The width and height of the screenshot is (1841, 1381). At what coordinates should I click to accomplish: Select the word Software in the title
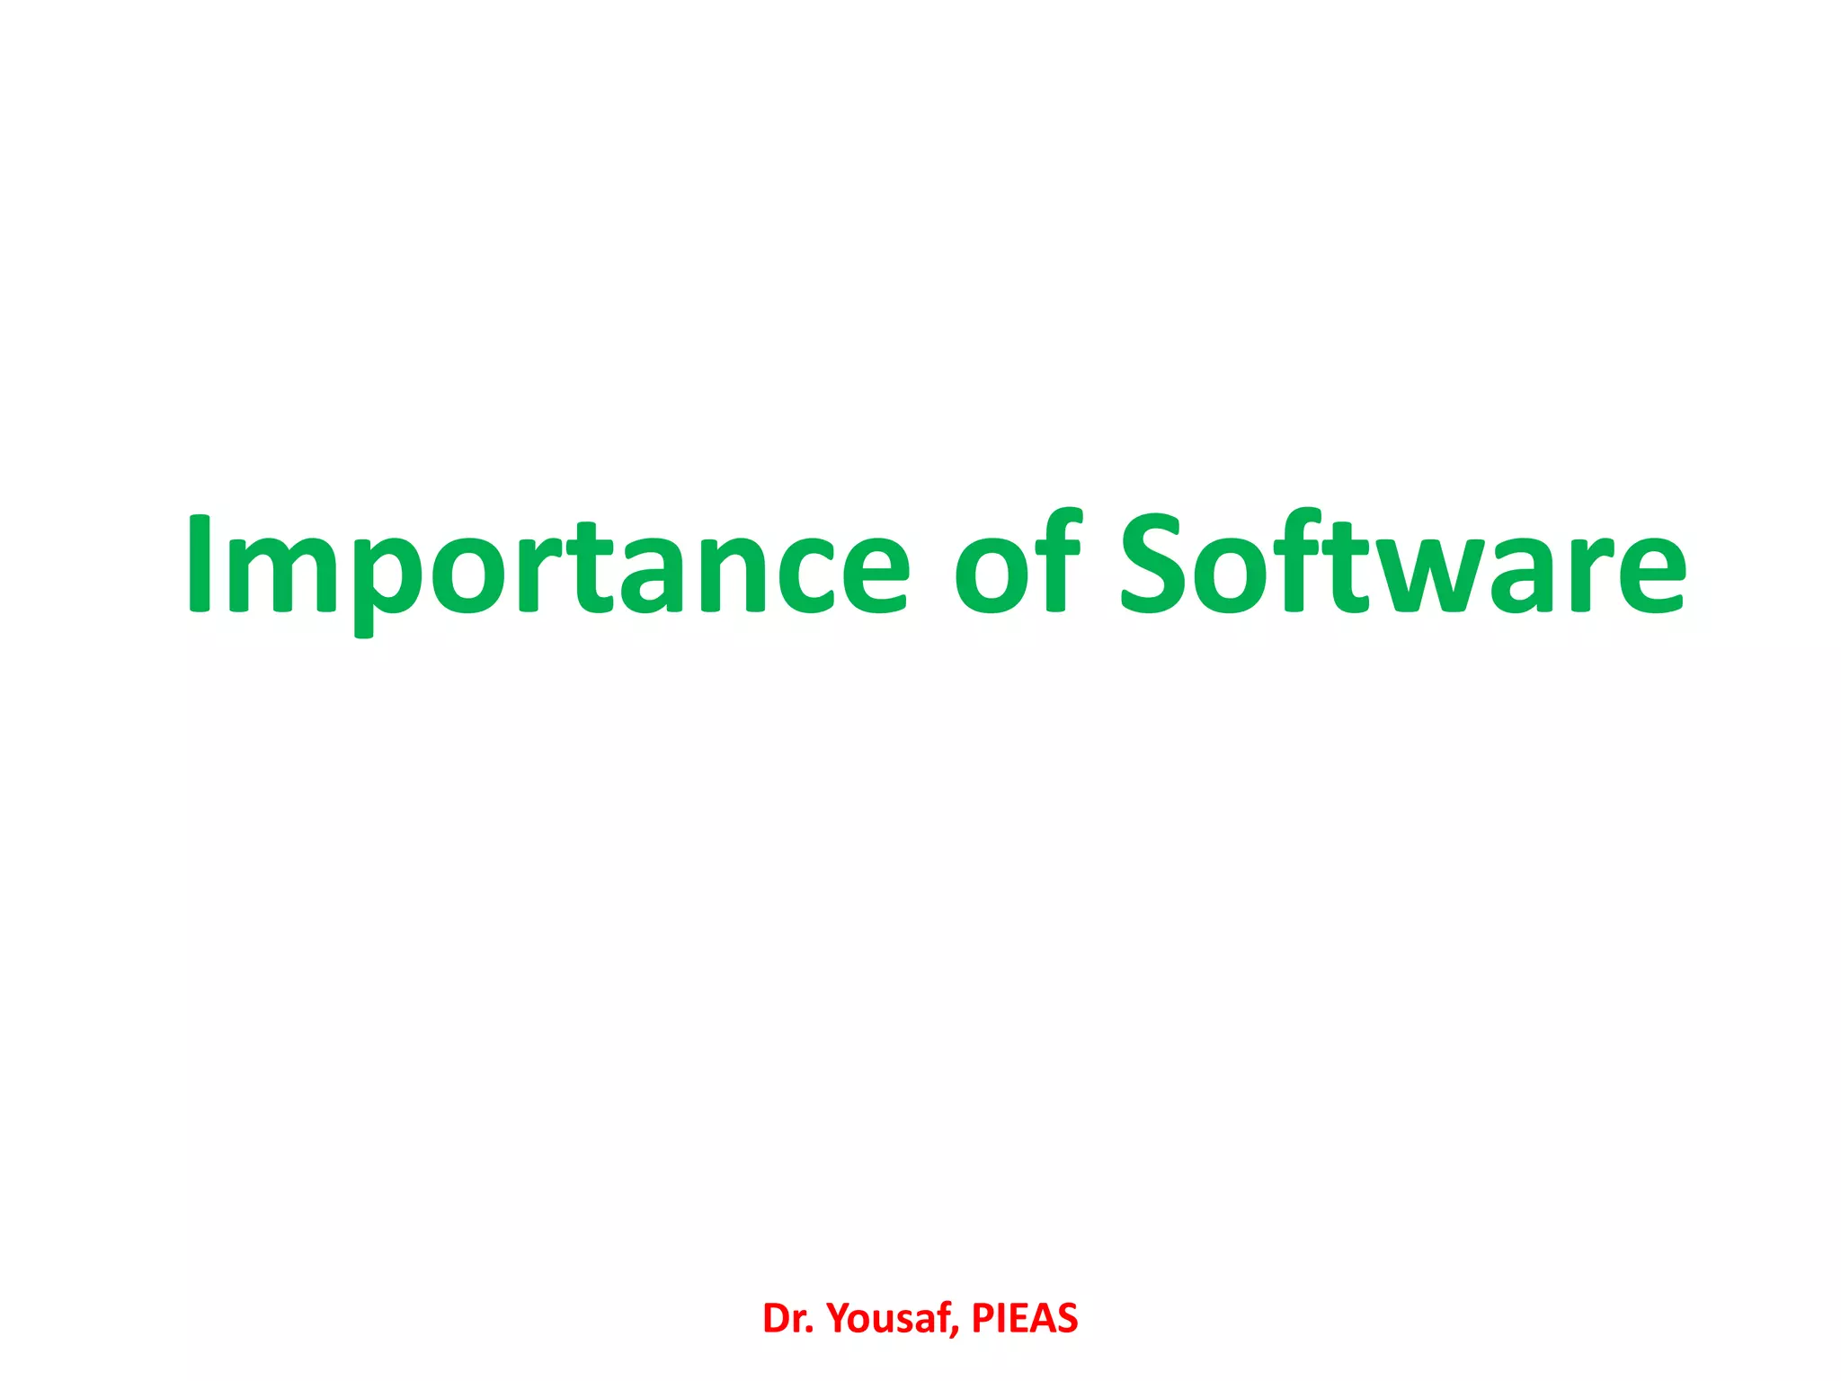click(1402, 566)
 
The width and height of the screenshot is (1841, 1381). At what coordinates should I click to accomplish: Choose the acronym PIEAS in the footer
click(1025, 1319)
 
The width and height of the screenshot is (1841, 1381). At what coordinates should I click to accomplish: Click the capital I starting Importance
click(199, 565)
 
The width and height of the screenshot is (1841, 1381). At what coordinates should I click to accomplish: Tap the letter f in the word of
click(1061, 562)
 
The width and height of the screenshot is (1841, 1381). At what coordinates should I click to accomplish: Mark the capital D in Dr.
click(775, 1319)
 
